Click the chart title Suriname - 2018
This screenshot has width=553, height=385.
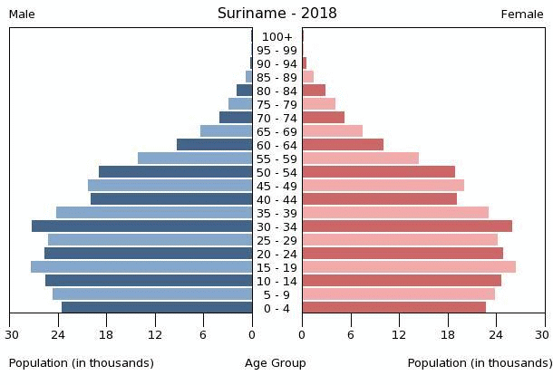(x=276, y=14)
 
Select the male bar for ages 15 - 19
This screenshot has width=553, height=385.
(x=141, y=267)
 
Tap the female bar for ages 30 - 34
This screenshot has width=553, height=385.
(x=407, y=226)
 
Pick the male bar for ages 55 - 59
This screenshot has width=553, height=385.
(x=195, y=159)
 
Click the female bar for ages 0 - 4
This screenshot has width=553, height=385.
(x=393, y=308)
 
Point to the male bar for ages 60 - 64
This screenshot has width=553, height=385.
(x=214, y=145)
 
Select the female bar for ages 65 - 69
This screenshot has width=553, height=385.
(x=332, y=131)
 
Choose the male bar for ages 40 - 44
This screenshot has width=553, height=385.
(x=171, y=199)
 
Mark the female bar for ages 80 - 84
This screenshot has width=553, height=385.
(x=314, y=91)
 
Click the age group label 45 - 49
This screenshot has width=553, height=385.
(x=276, y=186)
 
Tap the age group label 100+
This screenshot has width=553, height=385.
(x=276, y=37)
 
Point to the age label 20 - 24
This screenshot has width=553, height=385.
(x=276, y=254)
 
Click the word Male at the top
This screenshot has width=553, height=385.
(x=22, y=14)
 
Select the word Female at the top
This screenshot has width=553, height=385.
(x=522, y=14)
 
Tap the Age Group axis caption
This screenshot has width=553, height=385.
(x=276, y=363)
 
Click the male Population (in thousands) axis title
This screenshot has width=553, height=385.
(x=82, y=363)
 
